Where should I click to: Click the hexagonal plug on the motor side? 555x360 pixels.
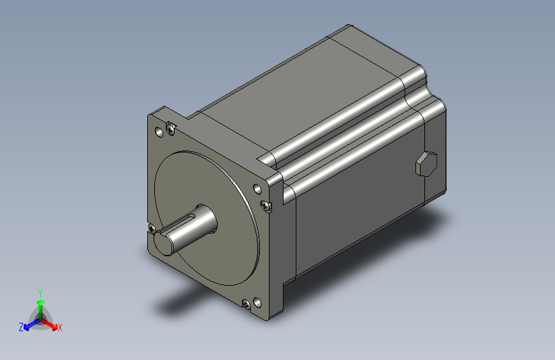[x=426, y=163]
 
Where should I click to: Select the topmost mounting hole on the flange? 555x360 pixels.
[x=159, y=132]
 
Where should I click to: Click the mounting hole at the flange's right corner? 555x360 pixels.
[x=257, y=189]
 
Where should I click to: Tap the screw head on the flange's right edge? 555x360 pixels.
[x=266, y=206]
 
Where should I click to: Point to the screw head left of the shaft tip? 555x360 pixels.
[x=152, y=228]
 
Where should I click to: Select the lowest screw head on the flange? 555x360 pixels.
[x=246, y=304]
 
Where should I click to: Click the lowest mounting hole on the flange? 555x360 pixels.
[x=257, y=303]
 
